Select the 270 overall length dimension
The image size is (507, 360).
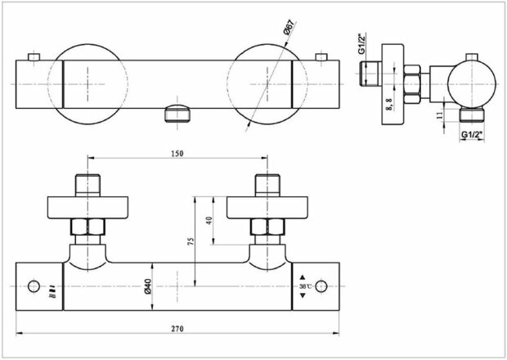point(177,328)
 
